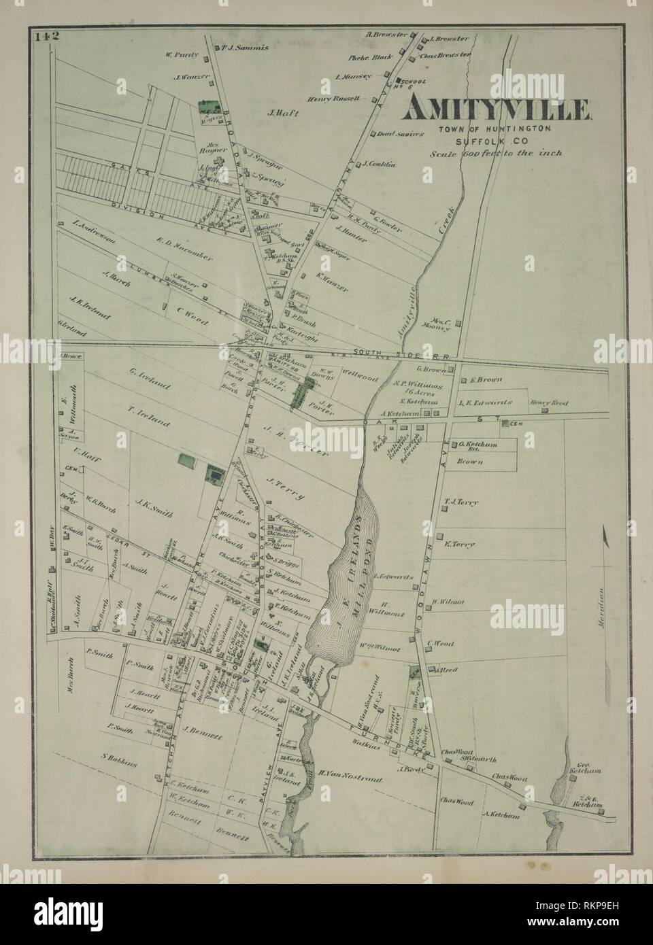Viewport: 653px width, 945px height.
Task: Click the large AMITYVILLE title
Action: (499, 109)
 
